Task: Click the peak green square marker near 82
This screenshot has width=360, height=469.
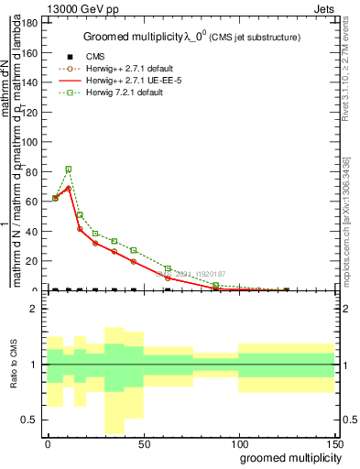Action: [69, 169]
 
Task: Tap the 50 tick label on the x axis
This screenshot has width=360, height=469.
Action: [143, 442]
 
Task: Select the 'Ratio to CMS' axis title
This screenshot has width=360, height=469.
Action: [12, 365]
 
